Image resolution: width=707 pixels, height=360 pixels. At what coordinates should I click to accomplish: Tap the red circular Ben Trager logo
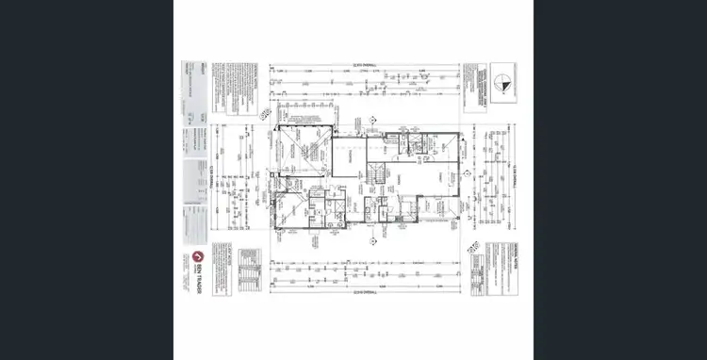point(198,257)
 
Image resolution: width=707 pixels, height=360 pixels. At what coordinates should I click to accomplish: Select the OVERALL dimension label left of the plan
point(215,179)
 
